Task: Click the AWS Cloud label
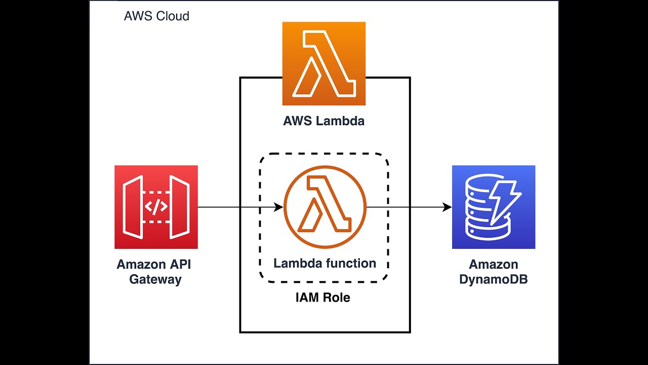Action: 156,16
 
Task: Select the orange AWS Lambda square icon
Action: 323,63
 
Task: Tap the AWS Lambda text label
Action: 323,121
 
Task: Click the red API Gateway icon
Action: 156,207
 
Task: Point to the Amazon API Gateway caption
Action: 154,272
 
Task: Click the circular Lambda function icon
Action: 325,207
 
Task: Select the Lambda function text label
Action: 325,263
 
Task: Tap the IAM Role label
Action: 323,298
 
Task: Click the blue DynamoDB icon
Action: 493,207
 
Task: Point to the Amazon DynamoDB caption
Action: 493,272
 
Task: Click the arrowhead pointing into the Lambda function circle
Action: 278,207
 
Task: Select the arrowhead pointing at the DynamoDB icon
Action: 447,207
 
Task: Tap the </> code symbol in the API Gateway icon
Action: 156,207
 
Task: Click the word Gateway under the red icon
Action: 155,279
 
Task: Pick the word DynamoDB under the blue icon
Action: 493,279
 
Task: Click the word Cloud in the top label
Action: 173,16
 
